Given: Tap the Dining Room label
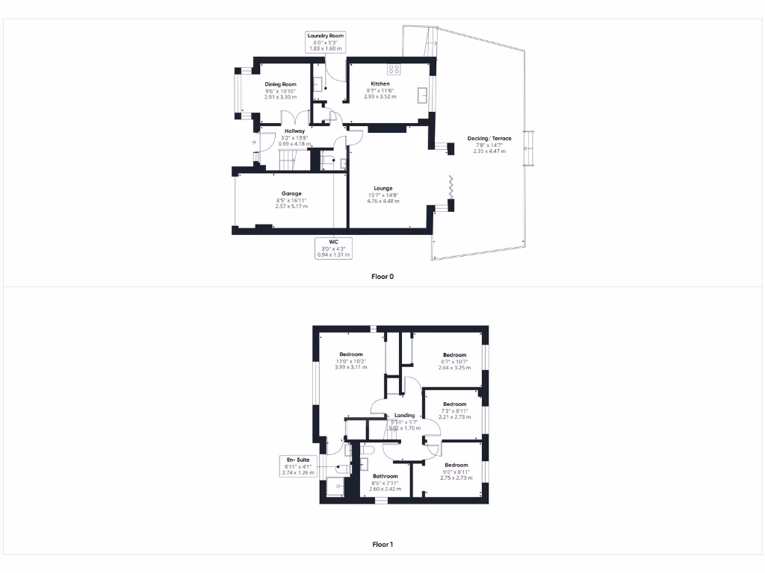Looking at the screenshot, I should click(280, 84).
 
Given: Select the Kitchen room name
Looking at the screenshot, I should click(380, 84).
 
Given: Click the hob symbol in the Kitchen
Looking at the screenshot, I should click(394, 69).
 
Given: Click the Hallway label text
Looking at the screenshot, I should click(294, 131).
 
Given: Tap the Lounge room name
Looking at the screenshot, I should click(383, 188).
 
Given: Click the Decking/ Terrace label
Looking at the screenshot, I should click(489, 138).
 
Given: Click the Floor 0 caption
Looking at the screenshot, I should click(382, 276).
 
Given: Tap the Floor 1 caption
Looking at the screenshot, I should click(382, 545).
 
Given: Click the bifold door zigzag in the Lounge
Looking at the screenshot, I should click(450, 187).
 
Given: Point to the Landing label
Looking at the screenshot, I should click(404, 416).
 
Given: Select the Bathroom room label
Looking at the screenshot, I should click(385, 476).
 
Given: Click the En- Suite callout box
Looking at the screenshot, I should click(298, 466).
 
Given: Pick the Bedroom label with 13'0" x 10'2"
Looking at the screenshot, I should click(350, 354).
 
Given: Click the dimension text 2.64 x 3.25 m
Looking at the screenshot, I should click(454, 368).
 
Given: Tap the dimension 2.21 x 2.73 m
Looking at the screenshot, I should click(454, 417).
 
